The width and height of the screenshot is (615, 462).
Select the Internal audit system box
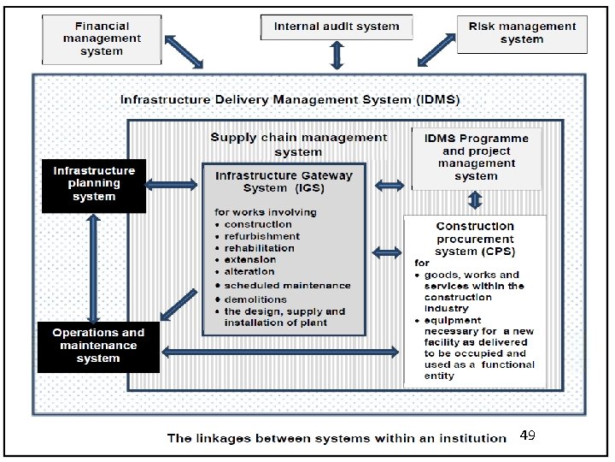[x=337, y=27]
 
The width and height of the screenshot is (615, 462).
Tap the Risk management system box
[x=522, y=33]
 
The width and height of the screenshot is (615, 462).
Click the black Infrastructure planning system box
[x=94, y=184]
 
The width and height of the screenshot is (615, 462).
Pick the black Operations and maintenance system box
[x=98, y=346]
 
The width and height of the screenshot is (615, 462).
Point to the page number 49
[x=527, y=436]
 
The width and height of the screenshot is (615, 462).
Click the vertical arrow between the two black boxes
[x=94, y=266]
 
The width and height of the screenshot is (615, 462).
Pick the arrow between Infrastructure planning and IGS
[x=173, y=183]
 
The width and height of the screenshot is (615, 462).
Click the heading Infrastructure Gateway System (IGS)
[x=284, y=182]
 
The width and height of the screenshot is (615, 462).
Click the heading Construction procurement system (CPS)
[x=475, y=239]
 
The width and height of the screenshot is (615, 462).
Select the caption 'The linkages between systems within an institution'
[x=337, y=438]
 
